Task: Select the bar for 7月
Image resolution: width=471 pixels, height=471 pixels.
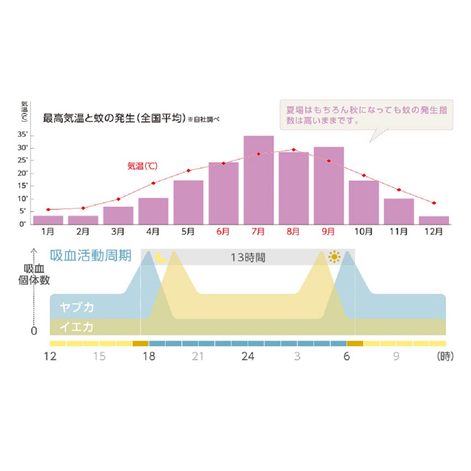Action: (x=258, y=180)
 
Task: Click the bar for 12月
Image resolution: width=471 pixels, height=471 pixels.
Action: (x=434, y=220)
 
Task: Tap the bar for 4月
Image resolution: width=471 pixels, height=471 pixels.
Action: (x=153, y=211)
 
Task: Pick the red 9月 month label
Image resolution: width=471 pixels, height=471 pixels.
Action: (x=329, y=232)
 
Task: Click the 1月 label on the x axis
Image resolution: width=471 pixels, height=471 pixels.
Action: (x=48, y=232)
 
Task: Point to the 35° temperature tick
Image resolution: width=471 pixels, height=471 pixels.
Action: (x=23, y=135)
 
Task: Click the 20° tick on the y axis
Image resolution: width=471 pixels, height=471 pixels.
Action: (x=23, y=173)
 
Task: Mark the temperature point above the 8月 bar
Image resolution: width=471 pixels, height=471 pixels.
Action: (x=294, y=150)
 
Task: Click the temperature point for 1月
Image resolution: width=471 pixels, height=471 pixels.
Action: (x=48, y=210)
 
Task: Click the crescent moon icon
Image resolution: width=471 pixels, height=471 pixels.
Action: (x=160, y=257)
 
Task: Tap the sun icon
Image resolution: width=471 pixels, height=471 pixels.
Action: (x=336, y=257)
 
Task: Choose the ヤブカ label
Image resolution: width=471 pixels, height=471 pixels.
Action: (x=77, y=307)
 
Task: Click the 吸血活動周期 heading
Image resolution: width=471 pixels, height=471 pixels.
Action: (x=94, y=256)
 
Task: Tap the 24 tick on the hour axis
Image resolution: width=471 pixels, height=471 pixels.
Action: (x=248, y=356)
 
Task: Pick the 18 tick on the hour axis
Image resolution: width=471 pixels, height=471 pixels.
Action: (x=148, y=356)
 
